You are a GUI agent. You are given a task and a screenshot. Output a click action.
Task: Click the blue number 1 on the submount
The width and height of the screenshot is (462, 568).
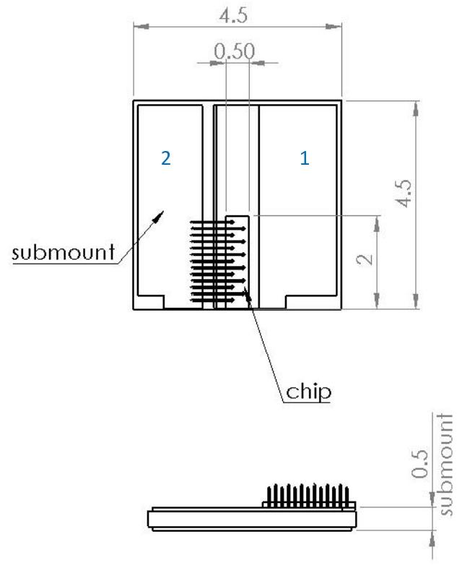tap(305, 158)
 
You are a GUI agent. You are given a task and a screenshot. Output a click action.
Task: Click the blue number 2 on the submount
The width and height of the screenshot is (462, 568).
tap(166, 158)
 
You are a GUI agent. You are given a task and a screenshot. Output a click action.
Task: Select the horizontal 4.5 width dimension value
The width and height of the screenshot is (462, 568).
tap(233, 16)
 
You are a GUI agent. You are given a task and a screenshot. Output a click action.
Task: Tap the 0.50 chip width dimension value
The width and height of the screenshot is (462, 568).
tap(234, 51)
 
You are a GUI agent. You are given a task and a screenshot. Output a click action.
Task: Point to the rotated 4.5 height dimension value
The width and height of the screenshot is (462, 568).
tap(404, 194)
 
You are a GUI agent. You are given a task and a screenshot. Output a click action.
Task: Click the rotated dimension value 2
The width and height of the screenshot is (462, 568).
tap(365, 259)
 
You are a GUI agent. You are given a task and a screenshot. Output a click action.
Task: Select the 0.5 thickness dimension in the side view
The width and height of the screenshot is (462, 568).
tap(419, 464)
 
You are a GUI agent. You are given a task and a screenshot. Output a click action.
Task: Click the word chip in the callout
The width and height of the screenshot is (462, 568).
tap(309, 392)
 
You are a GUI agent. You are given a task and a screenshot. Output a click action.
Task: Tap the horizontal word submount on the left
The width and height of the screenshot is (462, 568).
tap(64, 251)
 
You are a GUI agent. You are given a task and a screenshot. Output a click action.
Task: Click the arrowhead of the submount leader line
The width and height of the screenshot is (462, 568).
tap(159, 216)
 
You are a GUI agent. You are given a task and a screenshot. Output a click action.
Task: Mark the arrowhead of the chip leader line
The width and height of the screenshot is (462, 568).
tap(248, 293)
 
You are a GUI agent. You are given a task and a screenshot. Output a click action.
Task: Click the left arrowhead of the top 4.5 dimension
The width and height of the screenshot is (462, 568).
tap(141, 27)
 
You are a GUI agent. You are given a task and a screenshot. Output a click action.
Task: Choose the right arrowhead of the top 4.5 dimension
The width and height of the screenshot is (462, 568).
tap(334, 27)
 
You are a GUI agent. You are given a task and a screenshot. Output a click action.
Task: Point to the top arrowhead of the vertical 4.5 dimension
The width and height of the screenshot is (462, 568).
tap(416, 108)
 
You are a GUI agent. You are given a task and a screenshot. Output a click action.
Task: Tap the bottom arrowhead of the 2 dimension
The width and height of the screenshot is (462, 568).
tap(377, 301)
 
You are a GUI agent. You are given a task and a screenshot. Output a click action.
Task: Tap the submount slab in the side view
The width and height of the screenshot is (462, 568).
tap(252, 519)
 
